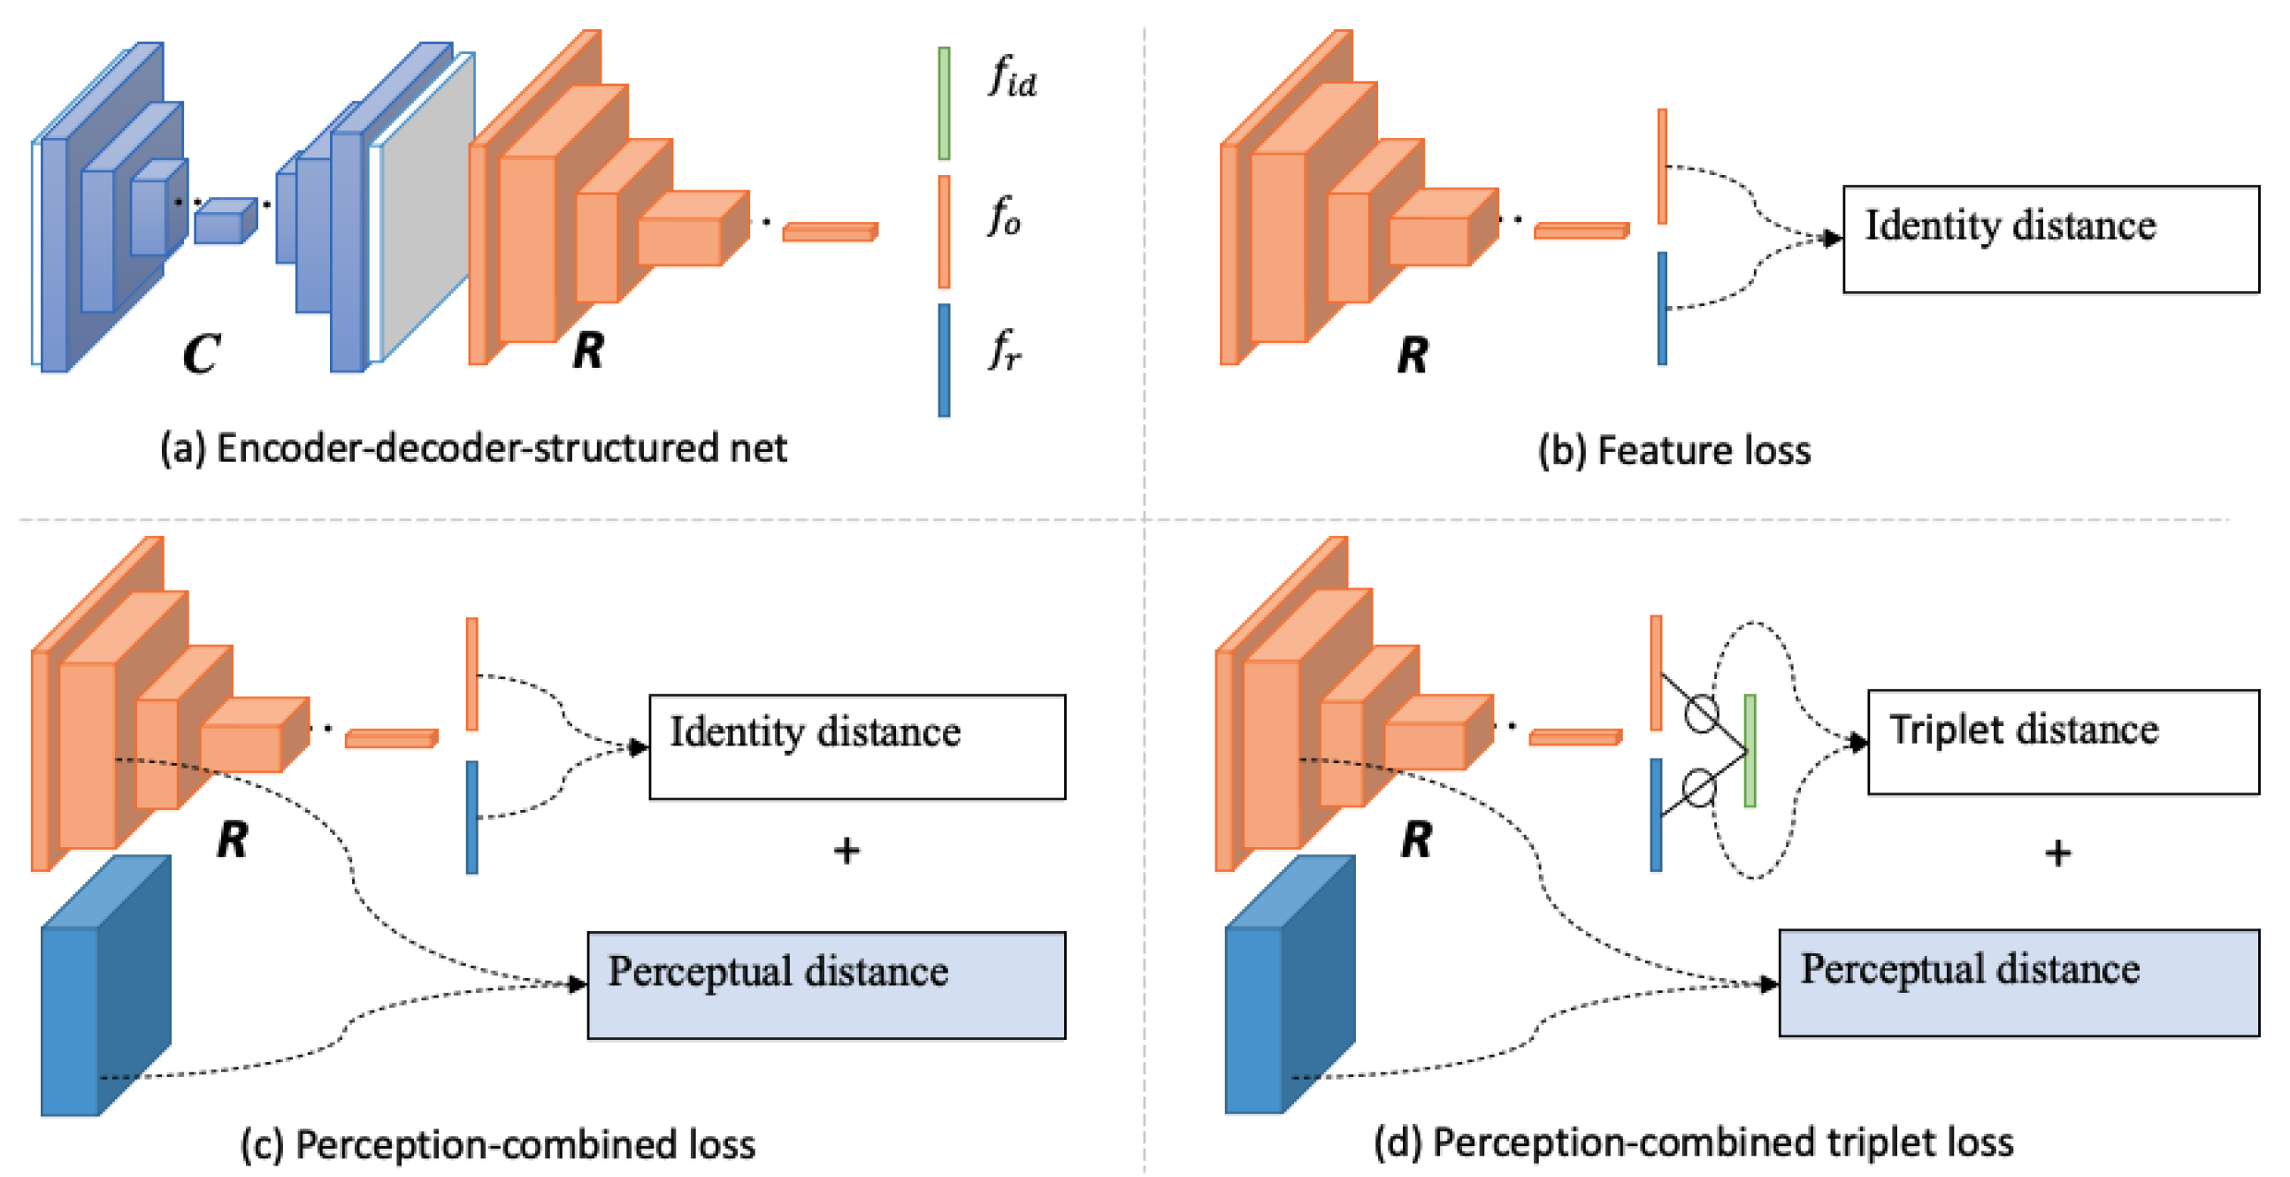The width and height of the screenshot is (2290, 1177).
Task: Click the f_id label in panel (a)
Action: (x=1012, y=76)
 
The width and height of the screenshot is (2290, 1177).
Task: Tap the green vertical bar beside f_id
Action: (x=944, y=103)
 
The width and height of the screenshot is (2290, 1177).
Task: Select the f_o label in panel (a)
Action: (x=1005, y=216)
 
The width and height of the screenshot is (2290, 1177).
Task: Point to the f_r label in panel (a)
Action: (x=1005, y=348)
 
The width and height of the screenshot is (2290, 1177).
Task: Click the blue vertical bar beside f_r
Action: (x=944, y=360)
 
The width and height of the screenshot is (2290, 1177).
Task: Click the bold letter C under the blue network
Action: (x=201, y=354)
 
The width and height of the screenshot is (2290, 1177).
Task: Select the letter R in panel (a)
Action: (x=588, y=349)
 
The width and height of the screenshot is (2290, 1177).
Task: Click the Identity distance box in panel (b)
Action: (x=2050, y=238)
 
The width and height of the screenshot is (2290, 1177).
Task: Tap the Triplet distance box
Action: (x=2063, y=741)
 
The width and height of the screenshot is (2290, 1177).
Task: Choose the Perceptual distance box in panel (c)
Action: (x=826, y=984)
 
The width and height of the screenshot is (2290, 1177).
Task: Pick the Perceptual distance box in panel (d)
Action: (x=2018, y=982)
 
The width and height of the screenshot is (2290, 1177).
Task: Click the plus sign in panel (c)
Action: (x=846, y=851)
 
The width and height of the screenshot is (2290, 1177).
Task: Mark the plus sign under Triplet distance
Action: (x=2057, y=853)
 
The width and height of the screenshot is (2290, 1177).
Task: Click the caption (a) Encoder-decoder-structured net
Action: (x=473, y=448)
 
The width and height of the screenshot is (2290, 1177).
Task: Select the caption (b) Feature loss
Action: (x=1674, y=450)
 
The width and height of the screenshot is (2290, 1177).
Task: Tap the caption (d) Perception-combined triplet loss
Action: (x=1693, y=1143)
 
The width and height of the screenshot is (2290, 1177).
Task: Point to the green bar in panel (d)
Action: (x=1750, y=750)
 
